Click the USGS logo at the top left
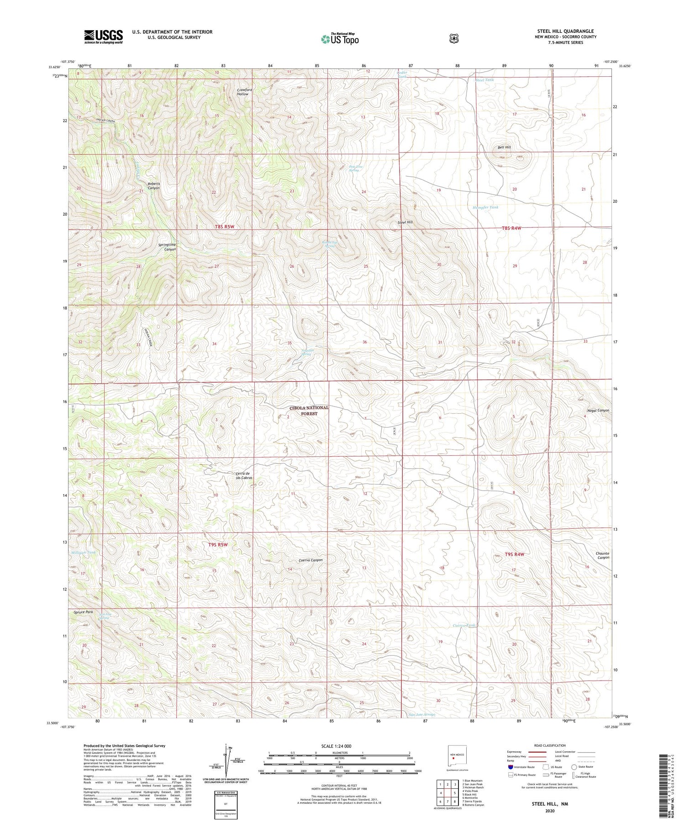103,37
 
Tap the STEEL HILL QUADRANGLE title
565,31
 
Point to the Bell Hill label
504,148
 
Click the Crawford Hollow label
244,92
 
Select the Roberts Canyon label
153,186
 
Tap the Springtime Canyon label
167,247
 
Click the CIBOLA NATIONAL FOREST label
309,411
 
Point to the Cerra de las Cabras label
244,475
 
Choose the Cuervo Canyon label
311,560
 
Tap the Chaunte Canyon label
603,555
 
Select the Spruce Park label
83,612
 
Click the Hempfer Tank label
485,207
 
